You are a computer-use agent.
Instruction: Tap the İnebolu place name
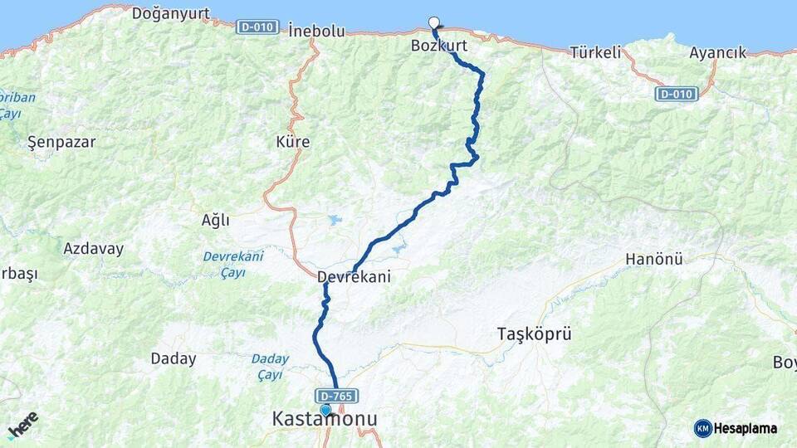(x=316, y=32)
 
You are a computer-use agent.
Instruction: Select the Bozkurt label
(x=439, y=46)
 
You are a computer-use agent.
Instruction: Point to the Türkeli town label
(x=595, y=52)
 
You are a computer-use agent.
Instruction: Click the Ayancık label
(x=717, y=52)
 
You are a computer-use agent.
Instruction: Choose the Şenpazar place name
(x=61, y=142)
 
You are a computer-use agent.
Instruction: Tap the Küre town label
(x=292, y=142)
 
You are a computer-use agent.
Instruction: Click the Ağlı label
(x=215, y=220)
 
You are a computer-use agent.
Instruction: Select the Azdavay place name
(x=93, y=248)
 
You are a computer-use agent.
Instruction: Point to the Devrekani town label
(x=354, y=277)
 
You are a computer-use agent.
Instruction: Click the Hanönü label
(x=653, y=260)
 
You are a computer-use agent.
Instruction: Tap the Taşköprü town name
(x=534, y=334)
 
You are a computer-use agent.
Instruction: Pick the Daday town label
(x=174, y=359)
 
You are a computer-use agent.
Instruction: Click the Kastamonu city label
(x=325, y=420)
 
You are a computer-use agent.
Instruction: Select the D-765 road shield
(x=336, y=396)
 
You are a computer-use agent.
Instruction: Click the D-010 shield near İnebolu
(x=257, y=27)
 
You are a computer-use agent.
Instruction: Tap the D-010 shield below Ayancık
(x=676, y=94)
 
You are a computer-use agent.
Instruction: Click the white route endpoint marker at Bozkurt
(x=433, y=22)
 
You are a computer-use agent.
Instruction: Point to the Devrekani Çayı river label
(x=232, y=264)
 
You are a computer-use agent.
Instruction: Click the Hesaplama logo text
(x=745, y=428)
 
